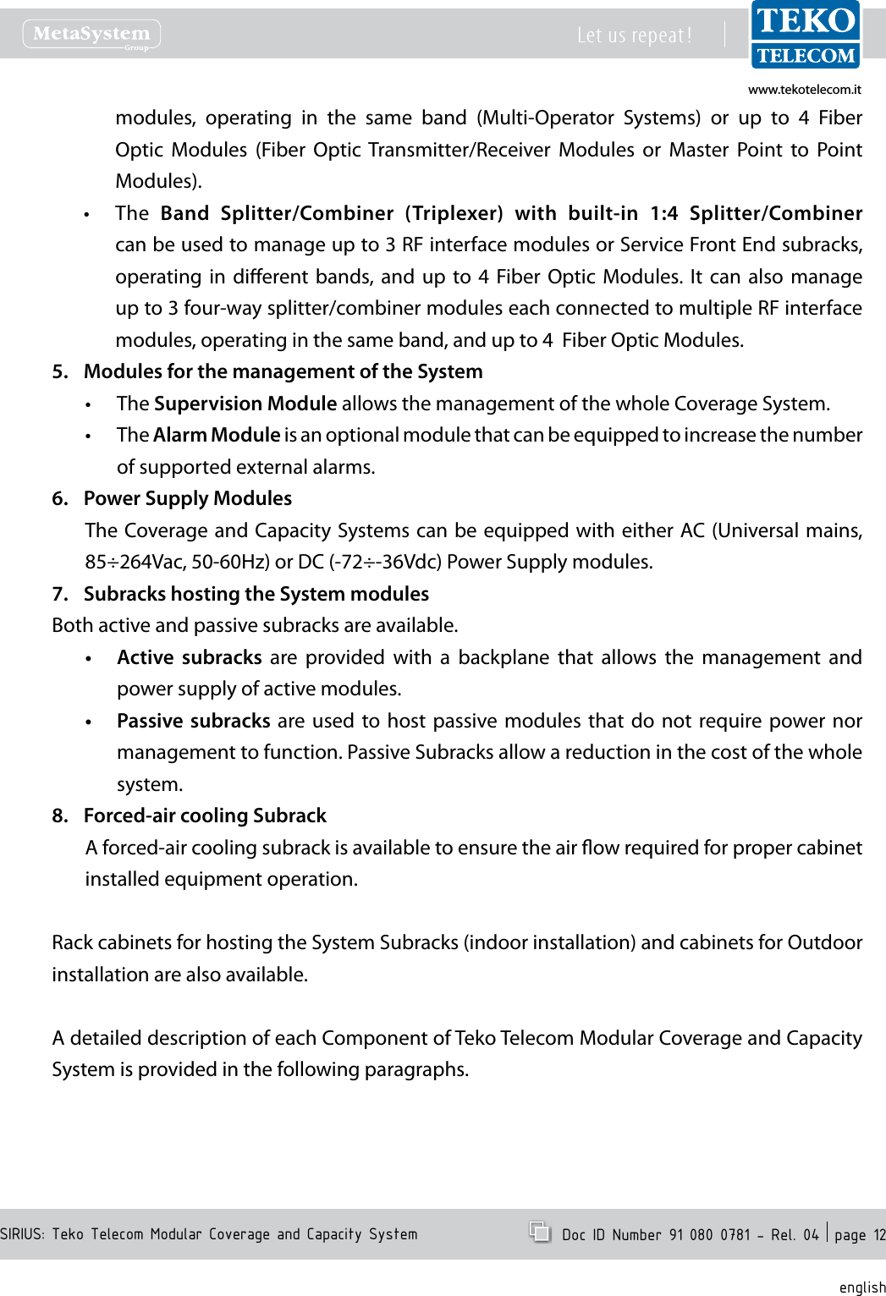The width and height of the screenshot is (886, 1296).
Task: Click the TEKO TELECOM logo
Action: tap(806, 35)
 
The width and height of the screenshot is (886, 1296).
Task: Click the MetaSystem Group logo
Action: tap(91, 35)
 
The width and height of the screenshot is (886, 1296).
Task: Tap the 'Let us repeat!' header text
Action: tap(634, 36)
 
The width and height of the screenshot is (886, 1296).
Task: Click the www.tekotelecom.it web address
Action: tap(804, 90)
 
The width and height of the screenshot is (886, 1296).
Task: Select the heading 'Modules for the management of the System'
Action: tap(283, 371)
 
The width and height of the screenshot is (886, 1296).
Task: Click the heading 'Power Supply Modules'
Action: tap(187, 498)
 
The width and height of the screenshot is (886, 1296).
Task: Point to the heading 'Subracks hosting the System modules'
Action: tap(256, 594)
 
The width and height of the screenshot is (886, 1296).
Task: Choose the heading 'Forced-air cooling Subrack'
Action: tap(205, 815)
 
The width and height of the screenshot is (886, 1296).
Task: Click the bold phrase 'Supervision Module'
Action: tap(245, 404)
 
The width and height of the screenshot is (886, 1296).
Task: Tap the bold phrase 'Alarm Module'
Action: tap(217, 435)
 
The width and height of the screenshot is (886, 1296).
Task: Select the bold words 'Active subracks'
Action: tap(190, 657)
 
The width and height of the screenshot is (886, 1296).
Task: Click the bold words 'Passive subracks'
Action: tap(193, 721)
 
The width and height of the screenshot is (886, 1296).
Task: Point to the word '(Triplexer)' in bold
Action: tap(454, 213)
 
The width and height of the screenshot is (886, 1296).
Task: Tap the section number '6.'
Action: tap(60, 498)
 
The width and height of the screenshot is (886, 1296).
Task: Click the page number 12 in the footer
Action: tap(879, 1235)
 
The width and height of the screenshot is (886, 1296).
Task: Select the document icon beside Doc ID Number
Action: tap(539, 1231)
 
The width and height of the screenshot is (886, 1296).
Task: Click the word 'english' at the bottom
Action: tap(861, 1287)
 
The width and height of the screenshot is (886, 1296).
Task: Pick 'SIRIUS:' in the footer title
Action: tap(23, 1234)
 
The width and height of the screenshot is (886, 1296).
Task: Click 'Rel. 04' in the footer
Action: tap(795, 1234)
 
